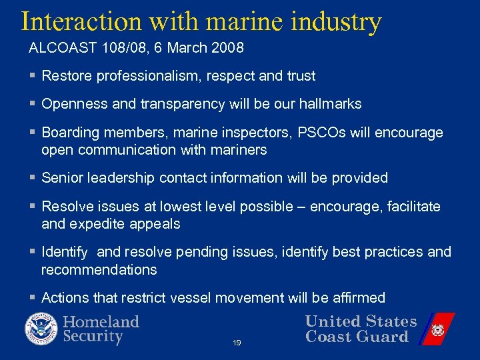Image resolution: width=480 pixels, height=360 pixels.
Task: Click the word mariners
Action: click(x=239, y=150)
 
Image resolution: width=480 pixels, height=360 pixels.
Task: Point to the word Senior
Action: click(x=62, y=178)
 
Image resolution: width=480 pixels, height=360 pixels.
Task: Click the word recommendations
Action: click(x=99, y=270)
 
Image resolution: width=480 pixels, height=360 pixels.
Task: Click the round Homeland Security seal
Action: click(x=41, y=329)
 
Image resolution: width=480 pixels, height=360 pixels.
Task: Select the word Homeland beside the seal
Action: click(x=101, y=322)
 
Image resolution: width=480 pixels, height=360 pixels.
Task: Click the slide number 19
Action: click(x=237, y=343)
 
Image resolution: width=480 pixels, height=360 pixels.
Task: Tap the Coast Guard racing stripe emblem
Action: click(x=437, y=329)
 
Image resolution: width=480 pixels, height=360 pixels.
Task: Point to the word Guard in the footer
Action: click(x=383, y=337)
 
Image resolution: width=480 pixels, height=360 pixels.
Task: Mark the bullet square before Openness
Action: click(x=33, y=105)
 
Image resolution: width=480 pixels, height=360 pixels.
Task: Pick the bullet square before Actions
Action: click(x=33, y=298)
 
